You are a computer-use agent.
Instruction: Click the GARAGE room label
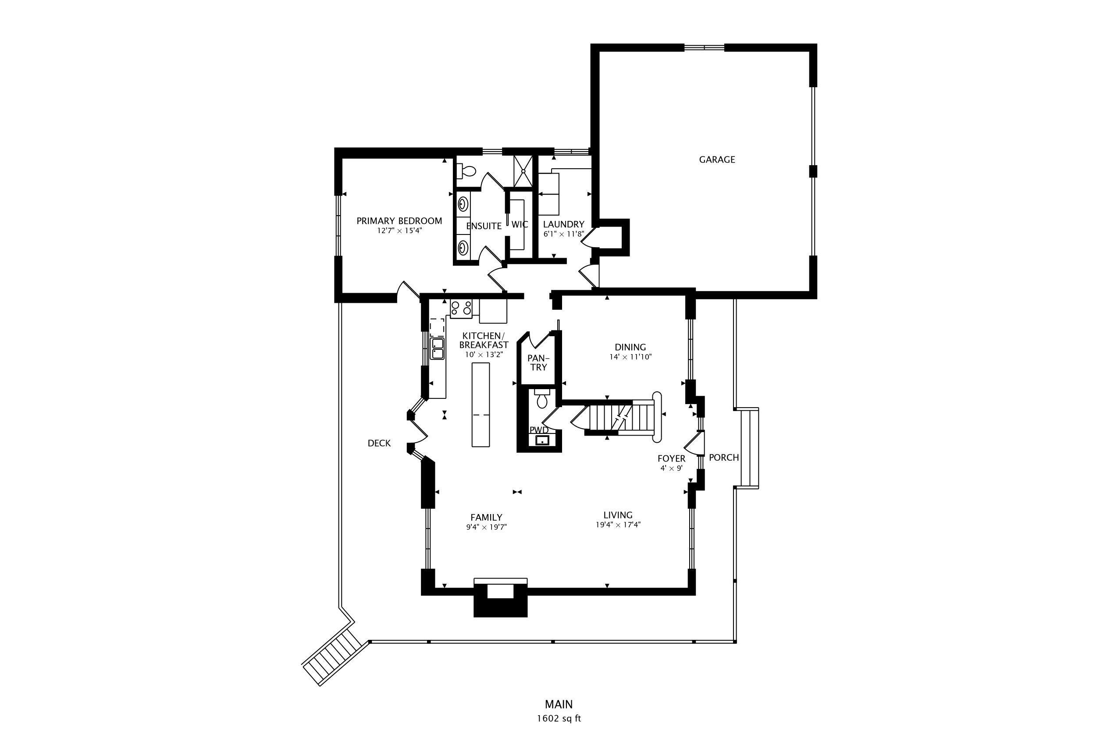click(x=716, y=160)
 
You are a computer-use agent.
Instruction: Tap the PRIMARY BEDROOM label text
click(x=399, y=221)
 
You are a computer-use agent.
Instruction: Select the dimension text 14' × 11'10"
click(x=630, y=357)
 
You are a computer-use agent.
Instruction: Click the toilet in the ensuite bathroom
click(x=467, y=170)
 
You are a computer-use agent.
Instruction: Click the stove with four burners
click(x=461, y=309)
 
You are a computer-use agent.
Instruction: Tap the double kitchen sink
click(x=437, y=348)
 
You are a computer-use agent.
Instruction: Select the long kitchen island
click(x=480, y=404)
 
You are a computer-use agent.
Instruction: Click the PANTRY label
click(x=538, y=362)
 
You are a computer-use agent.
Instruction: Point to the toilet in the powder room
click(x=542, y=400)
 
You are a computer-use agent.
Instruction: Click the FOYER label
click(x=671, y=458)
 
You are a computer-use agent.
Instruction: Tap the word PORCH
click(x=723, y=458)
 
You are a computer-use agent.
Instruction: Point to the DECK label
click(x=379, y=443)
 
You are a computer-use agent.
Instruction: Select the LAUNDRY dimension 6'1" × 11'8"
click(x=563, y=234)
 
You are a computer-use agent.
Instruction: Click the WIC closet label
click(x=520, y=224)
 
